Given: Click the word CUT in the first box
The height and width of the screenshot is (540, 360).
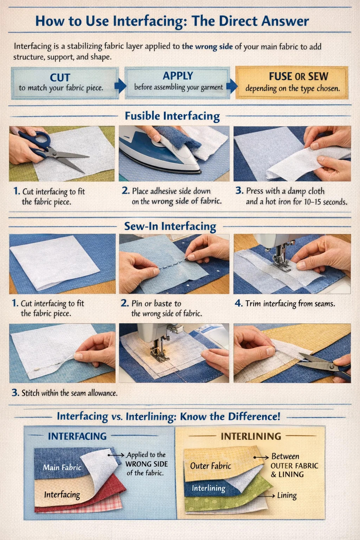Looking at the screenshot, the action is coord(60,78).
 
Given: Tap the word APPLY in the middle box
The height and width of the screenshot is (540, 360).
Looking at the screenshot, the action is coord(178,76).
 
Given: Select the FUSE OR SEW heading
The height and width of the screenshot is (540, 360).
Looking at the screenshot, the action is coord(298,76).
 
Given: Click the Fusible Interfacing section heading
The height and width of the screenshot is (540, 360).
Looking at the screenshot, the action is coord(172,116).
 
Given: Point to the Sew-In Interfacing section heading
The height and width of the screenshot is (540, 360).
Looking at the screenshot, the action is coord(170,226).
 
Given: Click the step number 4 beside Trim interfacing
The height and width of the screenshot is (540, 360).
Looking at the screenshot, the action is coord(238,303).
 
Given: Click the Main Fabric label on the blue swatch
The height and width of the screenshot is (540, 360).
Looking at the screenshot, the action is coord(62,468).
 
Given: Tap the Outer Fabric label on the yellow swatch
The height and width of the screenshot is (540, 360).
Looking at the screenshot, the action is coord(211,466).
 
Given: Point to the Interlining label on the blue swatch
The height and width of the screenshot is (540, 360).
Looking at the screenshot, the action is coord(208,488).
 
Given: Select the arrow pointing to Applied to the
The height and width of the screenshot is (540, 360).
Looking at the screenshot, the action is coord(116,455).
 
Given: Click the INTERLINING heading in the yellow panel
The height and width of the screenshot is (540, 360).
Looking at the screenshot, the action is coord(251,436).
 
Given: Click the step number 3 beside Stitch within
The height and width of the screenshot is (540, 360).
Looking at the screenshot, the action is coord(15,393).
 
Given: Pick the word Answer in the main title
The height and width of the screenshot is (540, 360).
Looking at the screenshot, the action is coord(285,21).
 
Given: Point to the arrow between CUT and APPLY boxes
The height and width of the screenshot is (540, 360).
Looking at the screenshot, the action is coord(120,85).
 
